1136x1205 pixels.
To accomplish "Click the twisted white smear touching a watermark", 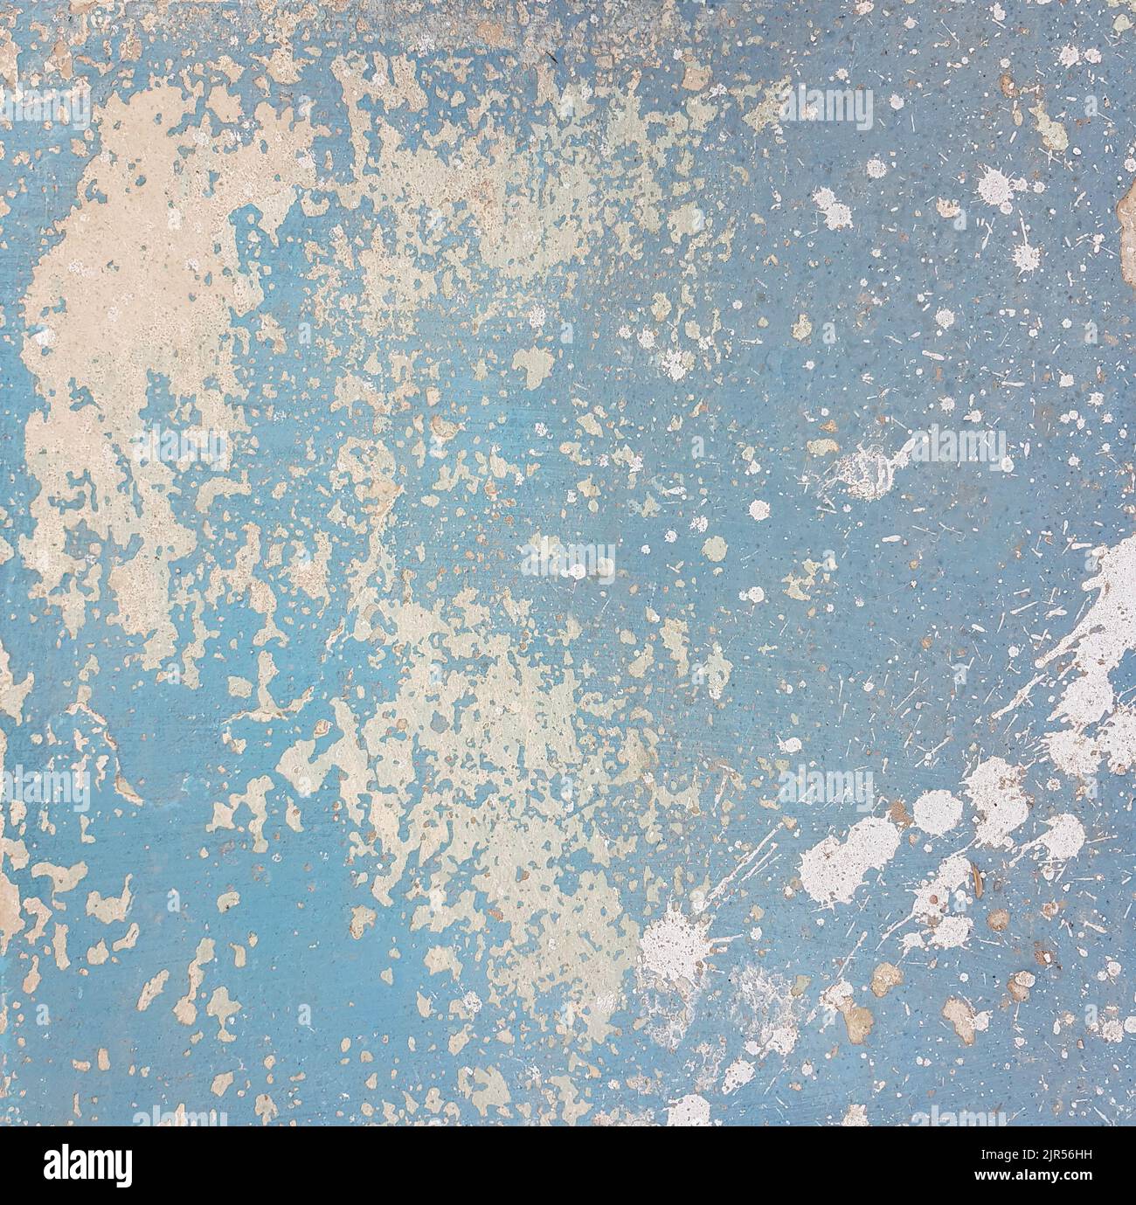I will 861,463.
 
